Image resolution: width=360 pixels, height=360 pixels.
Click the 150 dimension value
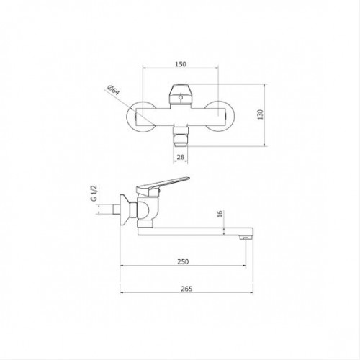[x=181, y=64]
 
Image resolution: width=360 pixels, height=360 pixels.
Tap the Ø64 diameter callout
[x=113, y=90]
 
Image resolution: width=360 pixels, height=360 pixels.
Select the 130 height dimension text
[x=260, y=114]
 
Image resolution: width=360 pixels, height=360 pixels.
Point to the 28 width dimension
[x=181, y=157]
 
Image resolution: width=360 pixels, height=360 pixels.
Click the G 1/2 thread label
[x=94, y=193]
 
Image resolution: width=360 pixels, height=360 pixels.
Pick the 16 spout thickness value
[x=220, y=213]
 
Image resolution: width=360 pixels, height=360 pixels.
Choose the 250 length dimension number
[x=183, y=261]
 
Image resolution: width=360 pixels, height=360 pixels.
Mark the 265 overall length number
[x=186, y=289]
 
